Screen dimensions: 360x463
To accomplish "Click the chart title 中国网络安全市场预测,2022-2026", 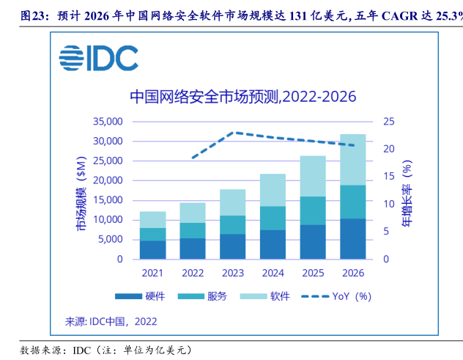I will click(x=242, y=97).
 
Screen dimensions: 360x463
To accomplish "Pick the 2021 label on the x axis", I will click(x=152, y=273).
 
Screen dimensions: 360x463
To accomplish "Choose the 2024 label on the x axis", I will click(x=272, y=273).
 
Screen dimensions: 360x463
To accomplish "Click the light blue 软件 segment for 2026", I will click(x=352, y=159).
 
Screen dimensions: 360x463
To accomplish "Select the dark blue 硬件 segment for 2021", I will click(x=152, y=249).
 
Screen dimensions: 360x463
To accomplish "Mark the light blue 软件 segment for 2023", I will click(x=233, y=202).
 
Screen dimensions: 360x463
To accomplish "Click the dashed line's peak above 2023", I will click(x=233, y=133).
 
